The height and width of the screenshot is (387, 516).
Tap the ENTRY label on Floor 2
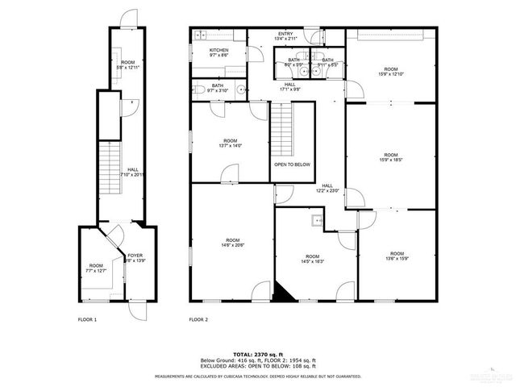(286, 33)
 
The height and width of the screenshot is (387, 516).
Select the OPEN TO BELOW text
(292, 164)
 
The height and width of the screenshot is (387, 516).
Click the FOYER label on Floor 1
(135, 256)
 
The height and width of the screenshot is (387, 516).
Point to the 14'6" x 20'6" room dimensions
(232, 244)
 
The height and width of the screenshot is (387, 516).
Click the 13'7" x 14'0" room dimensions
(231, 146)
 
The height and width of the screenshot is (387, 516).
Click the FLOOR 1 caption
(87, 320)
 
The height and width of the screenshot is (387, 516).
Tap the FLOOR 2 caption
(198, 320)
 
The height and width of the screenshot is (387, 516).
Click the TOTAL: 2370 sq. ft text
(258, 354)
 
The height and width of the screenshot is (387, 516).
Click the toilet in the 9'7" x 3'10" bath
(198, 90)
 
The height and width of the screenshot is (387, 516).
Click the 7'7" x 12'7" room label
(96, 269)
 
